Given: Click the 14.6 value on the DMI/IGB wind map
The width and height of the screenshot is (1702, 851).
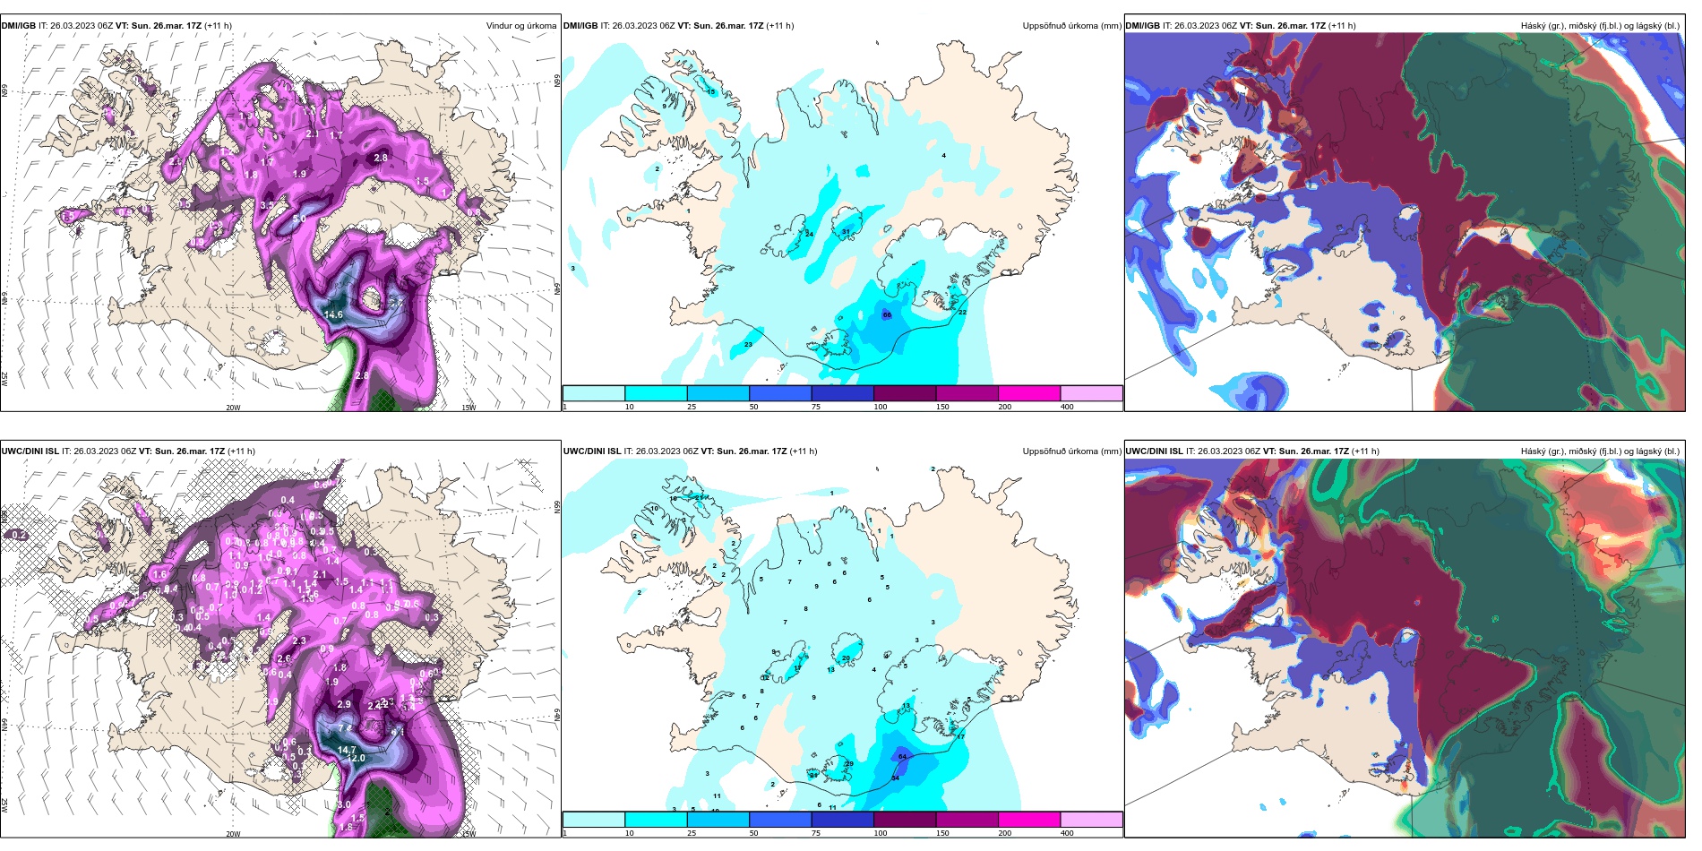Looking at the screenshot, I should pyautogui.click(x=333, y=314).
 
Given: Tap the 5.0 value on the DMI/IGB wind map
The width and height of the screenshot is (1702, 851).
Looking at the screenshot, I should pyautogui.click(x=299, y=219).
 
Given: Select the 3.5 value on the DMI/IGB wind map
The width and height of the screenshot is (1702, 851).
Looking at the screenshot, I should pyautogui.click(x=267, y=205).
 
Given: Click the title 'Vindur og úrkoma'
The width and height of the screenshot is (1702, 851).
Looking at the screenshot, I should pyautogui.click(x=521, y=25).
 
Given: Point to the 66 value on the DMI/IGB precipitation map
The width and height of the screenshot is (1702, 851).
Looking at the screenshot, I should pyautogui.click(x=887, y=314).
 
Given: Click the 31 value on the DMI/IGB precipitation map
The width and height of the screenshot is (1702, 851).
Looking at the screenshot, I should pyautogui.click(x=847, y=232).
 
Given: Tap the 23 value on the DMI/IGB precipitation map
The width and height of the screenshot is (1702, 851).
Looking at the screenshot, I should pyautogui.click(x=748, y=344).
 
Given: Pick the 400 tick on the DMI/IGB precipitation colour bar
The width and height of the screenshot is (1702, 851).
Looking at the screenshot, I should pyautogui.click(x=1067, y=407).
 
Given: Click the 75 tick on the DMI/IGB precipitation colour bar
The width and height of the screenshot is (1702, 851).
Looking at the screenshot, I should pyautogui.click(x=816, y=407).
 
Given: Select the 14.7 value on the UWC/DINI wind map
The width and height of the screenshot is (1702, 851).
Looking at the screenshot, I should pyautogui.click(x=347, y=750).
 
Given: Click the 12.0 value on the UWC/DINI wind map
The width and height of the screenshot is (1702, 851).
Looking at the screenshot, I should pyautogui.click(x=356, y=758).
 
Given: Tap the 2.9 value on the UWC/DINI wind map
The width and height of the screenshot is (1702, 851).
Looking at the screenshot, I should pyautogui.click(x=344, y=704).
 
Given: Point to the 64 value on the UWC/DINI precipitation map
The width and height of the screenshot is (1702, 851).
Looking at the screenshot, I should pyautogui.click(x=902, y=756).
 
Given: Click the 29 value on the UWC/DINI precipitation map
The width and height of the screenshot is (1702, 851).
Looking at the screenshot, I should pyautogui.click(x=849, y=763).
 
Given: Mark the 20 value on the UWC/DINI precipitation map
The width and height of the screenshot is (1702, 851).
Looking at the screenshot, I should pyautogui.click(x=846, y=658).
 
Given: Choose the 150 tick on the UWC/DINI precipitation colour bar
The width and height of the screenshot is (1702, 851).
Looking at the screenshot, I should pyautogui.click(x=942, y=833).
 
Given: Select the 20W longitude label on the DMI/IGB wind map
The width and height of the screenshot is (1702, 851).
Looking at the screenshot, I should pyautogui.click(x=233, y=408).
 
